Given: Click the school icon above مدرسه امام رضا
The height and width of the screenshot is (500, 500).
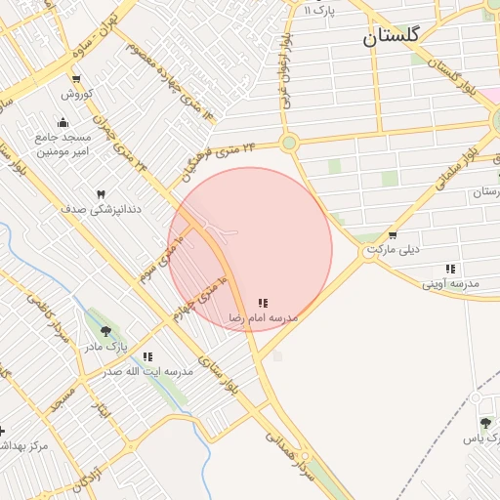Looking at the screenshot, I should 263,304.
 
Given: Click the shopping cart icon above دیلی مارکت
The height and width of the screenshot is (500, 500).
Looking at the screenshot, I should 393,235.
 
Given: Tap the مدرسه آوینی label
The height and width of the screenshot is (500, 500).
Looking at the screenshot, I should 451,283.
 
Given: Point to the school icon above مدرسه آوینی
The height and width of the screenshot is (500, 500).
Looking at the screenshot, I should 450,269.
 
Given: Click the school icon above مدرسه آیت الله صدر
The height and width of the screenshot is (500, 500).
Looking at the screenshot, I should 147,357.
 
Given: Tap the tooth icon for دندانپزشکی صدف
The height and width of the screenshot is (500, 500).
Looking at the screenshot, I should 101,194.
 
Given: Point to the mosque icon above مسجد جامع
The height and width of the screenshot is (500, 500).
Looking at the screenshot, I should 63,122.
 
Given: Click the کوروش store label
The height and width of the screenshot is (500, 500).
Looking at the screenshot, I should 76,95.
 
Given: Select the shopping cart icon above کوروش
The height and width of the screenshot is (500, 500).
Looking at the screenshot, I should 76,80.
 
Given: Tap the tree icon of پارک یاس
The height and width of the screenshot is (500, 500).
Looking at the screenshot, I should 485,422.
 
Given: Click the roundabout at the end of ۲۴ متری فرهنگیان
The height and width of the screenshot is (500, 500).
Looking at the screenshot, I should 288,144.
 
